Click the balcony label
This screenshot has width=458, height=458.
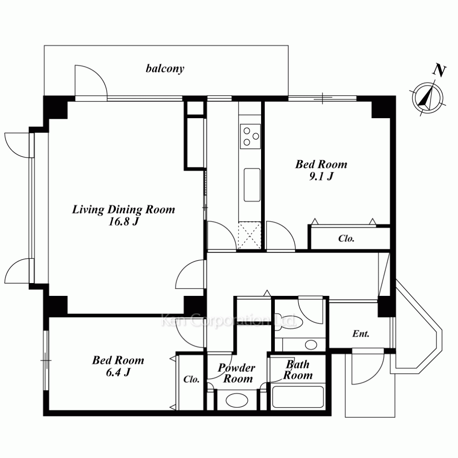165,69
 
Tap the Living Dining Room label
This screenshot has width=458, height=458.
124,209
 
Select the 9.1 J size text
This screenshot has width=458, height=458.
321,176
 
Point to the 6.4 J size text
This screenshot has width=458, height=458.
118,372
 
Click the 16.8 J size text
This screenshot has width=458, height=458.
123,222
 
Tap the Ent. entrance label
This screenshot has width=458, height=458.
361,333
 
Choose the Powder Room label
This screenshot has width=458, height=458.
237,373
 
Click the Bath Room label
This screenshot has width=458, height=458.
298,370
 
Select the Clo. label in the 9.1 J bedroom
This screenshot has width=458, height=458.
346,238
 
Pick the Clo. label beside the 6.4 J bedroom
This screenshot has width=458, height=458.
191,379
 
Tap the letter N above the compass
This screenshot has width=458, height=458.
439,71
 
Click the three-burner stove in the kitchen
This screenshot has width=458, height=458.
251,136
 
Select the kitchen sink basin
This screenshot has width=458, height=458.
252,185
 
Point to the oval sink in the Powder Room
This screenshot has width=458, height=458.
237,400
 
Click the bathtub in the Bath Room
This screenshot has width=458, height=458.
298,397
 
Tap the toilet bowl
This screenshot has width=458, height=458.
285,322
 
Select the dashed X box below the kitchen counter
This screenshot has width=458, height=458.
249,235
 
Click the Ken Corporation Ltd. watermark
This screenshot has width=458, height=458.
229,321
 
